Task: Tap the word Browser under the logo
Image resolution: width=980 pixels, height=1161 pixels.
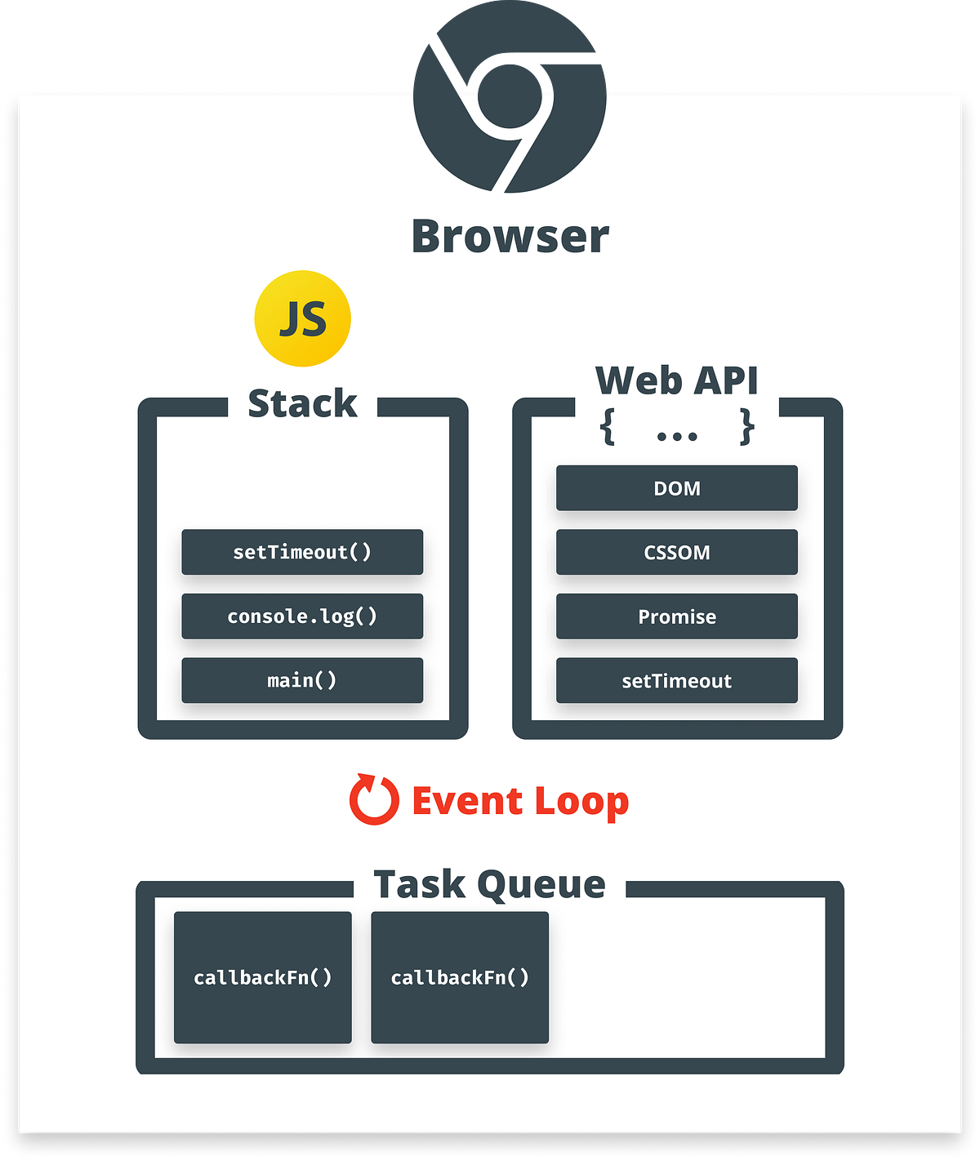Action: point(510,237)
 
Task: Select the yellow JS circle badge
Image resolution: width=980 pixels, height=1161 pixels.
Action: point(303,318)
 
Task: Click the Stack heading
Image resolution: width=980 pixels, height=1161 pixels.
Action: point(302,403)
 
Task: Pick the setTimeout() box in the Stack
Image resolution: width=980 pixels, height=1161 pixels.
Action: point(302,552)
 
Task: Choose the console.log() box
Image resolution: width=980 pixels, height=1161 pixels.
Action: point(302,616)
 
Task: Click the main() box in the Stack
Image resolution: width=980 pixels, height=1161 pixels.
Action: point(302,680)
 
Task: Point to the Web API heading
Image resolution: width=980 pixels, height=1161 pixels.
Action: point(677,380)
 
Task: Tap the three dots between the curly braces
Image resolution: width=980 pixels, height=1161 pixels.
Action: point(677,436)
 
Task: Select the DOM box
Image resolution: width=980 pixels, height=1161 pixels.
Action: point(677,488)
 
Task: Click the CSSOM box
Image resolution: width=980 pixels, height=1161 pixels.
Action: point(677,552)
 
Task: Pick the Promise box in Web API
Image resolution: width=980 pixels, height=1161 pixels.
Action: point(677,616)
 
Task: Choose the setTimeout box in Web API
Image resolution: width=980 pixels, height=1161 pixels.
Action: point(677,680)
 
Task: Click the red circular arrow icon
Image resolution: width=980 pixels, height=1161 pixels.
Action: point(374,800)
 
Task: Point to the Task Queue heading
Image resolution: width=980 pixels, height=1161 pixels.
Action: point(489,884)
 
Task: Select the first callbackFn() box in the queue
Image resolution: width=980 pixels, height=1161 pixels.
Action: point(263,977)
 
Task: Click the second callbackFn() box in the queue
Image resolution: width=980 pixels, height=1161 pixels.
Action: point(460,977)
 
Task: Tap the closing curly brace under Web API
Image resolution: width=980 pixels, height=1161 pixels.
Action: point(746,428)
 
